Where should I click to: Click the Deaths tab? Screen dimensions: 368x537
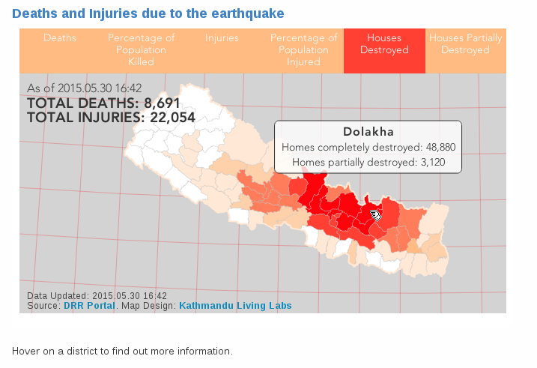pyautogui.click(x=60, y=38)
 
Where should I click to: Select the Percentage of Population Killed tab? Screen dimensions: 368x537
pyautogui.click(x=141, y=49)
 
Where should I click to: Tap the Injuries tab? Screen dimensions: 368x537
pyautogui.click(x=222, y=38)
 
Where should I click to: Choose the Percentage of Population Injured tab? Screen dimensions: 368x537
pyautogui.click(x=303, y=49)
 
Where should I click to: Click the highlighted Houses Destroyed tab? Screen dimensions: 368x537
pyautogui.click(x=384, y=44)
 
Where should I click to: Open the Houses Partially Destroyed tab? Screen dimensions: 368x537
pyautogui.click(x=465, y=44)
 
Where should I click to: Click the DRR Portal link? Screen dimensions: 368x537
pyautogui.click(x=89, y=306)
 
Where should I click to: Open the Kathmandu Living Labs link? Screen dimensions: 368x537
pyautogui.click(x=235, y=306)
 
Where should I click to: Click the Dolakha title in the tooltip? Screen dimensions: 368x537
pyautogui.click(x=368, y=131)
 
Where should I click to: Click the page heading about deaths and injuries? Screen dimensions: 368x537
pyautogui.click(x=148, y=13)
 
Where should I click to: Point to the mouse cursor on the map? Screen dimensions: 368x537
pyautogui.click(x=376, y=215)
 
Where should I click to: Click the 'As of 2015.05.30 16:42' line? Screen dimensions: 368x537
pyautogui.click(x=84, y=88)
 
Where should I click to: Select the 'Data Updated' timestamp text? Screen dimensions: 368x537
pyautogui.click(x=97, y=296)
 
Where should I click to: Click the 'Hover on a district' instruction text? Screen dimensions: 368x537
pyautogui.click(x=122, y=351)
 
